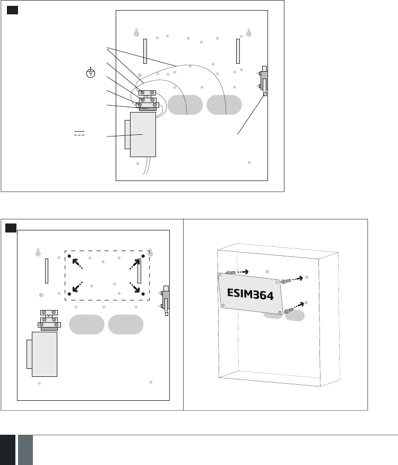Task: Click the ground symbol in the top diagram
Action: click(91, 73)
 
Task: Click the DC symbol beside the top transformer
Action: click(80, 132)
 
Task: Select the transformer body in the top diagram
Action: click(143, 134)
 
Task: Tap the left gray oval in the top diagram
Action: click(186, 105)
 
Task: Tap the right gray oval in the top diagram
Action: click(224, 105)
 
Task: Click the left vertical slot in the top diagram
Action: click(144, 51)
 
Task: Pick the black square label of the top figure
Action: click(14, 11)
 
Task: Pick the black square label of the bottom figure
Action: click(11, 228)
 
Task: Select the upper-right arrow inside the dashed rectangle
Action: click(136, 263)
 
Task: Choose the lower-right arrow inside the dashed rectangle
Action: click(136, 287)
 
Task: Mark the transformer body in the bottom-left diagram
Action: click(44, 354)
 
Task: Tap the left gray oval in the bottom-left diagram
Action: click(86, 324)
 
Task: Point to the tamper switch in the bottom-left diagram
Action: click(166, 300)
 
